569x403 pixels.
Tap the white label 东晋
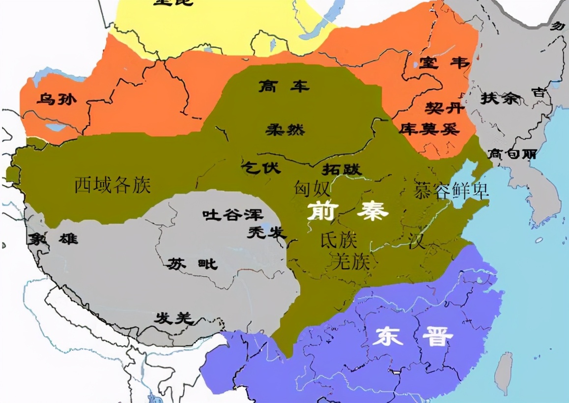tap(412, 337)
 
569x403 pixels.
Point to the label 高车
tap(284, 87)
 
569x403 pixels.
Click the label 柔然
tap(285, 130)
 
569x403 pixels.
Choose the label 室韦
tap(444, 63)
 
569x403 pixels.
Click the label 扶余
tap(499, 98)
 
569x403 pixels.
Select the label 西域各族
tap(113, 185)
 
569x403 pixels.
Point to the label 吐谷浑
tap(233, 215)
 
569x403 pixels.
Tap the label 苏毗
tap(192, 264)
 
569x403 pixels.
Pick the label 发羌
tap(172, 318)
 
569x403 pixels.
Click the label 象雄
tap(53, 239)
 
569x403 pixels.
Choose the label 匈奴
tap(312, 188)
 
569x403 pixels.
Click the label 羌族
tap(350, 261)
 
